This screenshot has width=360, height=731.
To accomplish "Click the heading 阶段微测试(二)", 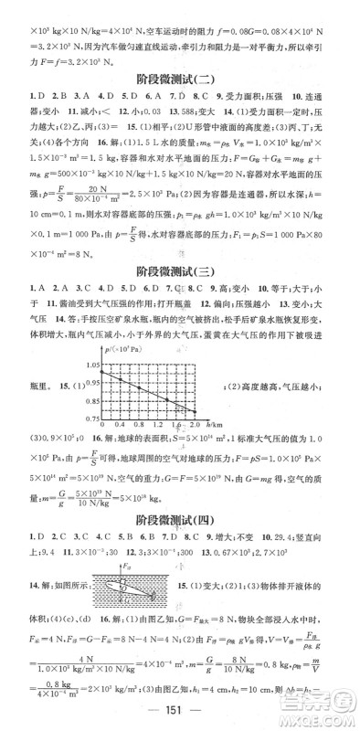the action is [x=180, y=77].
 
